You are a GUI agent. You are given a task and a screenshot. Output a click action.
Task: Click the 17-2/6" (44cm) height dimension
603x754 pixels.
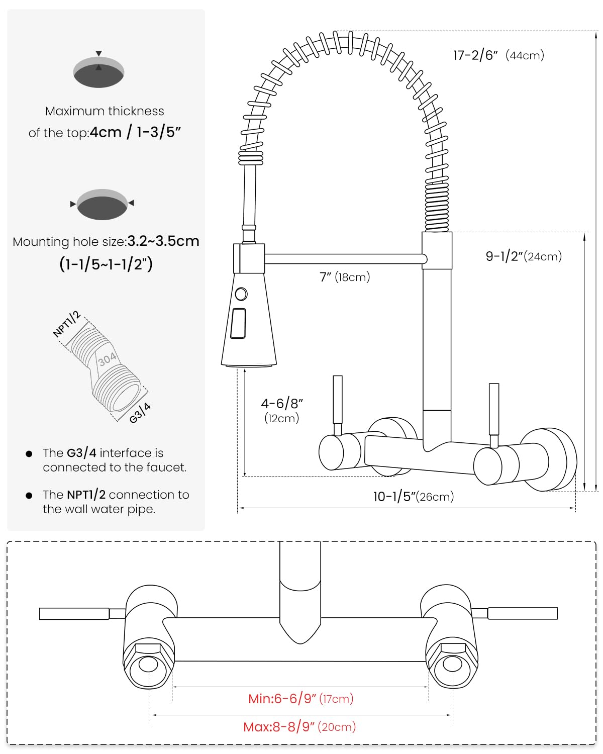[x=498, y=55]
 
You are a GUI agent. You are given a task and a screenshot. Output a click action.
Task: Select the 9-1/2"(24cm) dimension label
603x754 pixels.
[x=523, y=256]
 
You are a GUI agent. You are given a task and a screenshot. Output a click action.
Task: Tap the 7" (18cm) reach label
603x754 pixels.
[x=345, y=277]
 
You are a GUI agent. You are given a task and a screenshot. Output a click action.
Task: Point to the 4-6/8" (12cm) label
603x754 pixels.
[x=282, y=410]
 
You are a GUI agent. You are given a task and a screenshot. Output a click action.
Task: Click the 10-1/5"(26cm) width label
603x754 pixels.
[x=413, y=497]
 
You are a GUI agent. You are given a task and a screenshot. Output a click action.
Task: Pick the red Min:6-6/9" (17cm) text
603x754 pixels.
[x=300, y=698]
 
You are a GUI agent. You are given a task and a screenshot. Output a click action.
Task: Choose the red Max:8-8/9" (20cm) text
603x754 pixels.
[x=299, y=727]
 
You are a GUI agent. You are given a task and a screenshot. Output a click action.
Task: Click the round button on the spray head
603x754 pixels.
[x=241, y=294]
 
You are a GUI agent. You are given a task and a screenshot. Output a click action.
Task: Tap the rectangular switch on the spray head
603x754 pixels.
[x=239, y=323]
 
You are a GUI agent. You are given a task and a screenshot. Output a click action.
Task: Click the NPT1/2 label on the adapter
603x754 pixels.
[x=67, y=324]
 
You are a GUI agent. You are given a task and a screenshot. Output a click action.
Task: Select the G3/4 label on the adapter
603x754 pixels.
[x=140, y=413]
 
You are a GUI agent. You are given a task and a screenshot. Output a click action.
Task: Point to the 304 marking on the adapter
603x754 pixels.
[x=107, y=359]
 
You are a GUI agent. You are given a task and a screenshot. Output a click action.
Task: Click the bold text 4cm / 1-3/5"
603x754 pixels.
[x=135, y=132]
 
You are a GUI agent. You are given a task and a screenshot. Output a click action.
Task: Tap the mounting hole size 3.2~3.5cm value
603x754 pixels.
[x=163, y=241]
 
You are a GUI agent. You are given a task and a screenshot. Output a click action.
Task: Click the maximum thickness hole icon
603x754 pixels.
[x=99, y=72]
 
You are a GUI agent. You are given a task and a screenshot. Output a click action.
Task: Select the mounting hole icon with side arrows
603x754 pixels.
[x=103, y=204]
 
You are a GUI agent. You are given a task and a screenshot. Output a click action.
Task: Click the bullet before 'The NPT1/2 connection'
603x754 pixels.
[x=29, y=496]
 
